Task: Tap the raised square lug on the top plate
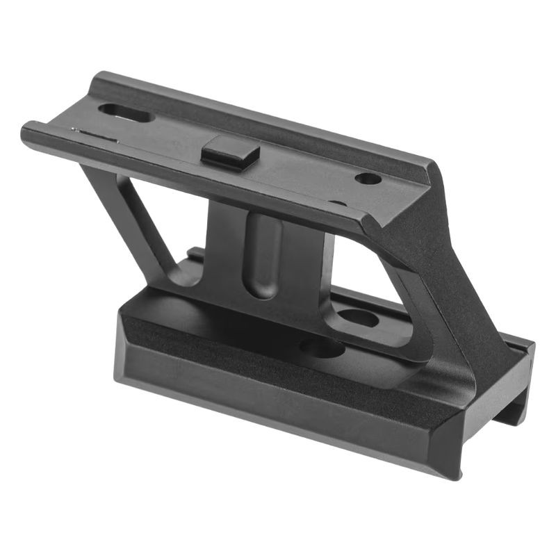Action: (230, 153)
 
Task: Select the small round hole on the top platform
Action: (368, 179)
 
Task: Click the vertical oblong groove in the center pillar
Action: (263, 254)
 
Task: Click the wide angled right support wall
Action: (445, 278)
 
